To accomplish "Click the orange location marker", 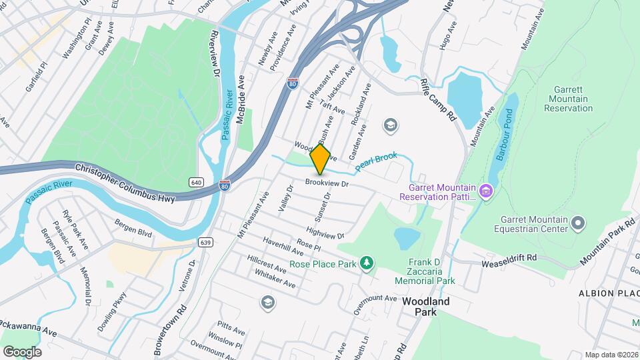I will point(321,159).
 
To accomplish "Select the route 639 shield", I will point(205,243).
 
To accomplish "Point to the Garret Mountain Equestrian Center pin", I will point(578,221).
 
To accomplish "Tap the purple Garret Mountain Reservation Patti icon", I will point(486,193).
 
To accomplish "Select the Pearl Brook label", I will point(375,161).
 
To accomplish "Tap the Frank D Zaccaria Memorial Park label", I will point(427,271).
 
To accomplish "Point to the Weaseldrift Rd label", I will point(509,261).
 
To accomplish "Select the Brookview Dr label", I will point(327,182).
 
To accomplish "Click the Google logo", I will point(22,351).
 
